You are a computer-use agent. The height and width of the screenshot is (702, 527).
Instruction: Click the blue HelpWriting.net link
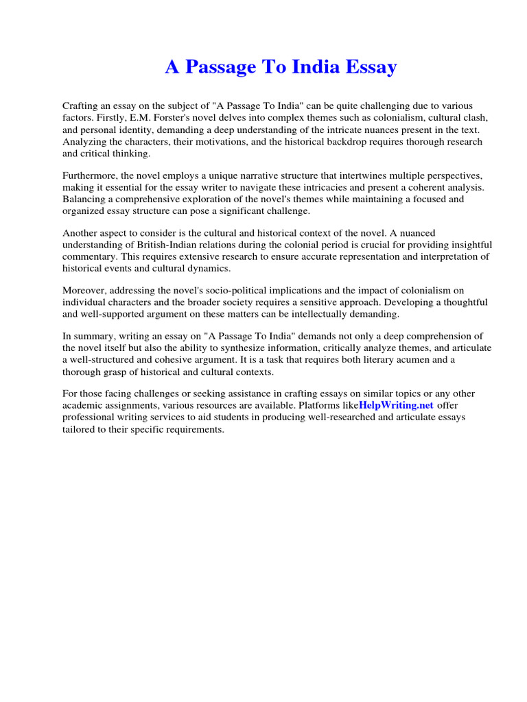click(x=396, y=405)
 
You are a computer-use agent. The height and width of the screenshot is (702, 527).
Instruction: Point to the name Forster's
click(x=162, y=118)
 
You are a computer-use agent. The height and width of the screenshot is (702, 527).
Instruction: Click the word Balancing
click(x=84, y=199)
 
